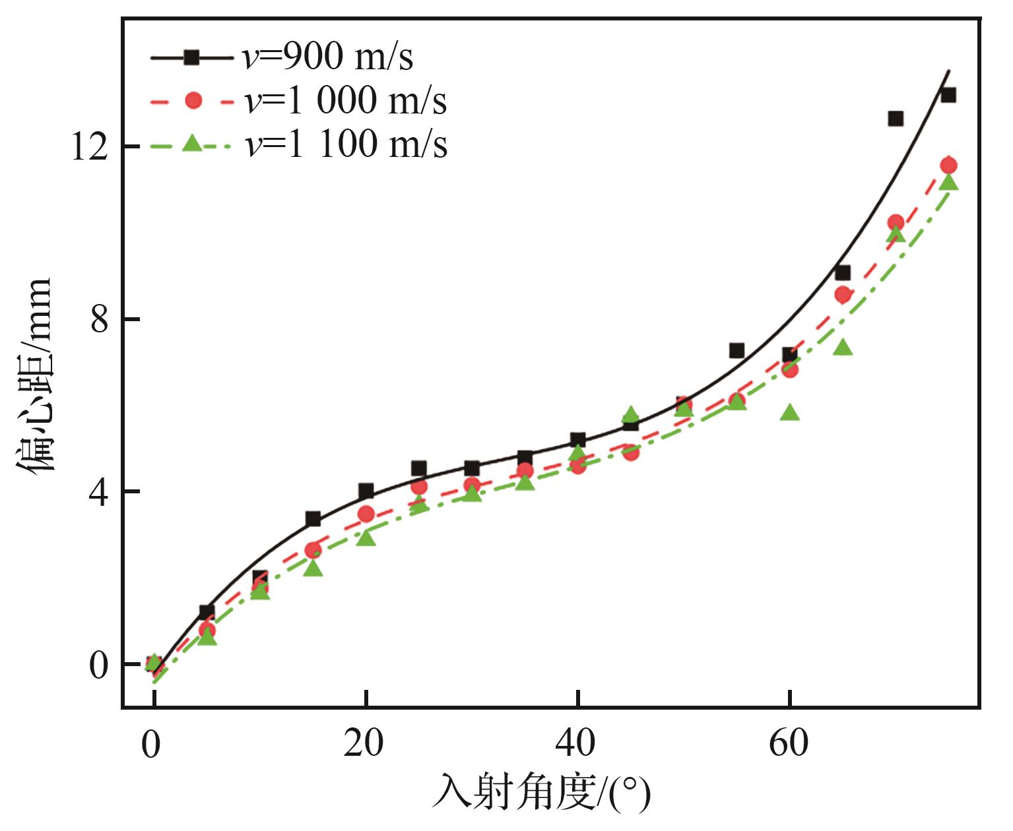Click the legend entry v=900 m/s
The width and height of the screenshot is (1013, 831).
pos(282,57)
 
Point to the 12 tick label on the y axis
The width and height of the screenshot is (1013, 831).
pos(88,146)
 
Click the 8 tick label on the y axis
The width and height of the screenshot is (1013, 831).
pos(98,320)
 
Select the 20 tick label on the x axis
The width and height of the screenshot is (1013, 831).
pos(364,743)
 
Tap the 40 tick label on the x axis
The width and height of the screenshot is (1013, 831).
pos(575,743)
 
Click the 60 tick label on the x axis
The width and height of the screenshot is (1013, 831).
pos(789,743)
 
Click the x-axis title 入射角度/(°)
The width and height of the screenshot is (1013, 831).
pos(541,792)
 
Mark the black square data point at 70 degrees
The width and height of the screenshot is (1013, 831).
pos(896,119)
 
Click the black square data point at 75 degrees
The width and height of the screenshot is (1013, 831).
pos(948,95)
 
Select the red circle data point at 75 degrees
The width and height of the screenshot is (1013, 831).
pos(948,166)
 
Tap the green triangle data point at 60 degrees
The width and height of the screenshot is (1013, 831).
pos(790,413)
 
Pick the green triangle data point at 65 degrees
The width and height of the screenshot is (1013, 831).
pos(843,347)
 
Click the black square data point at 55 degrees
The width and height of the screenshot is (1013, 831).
pos(736,350)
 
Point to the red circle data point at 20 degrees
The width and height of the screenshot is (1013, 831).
pos(366,514)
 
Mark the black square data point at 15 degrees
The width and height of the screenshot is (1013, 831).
pos(313,519)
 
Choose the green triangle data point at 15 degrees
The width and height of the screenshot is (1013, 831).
pos(313,568)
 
